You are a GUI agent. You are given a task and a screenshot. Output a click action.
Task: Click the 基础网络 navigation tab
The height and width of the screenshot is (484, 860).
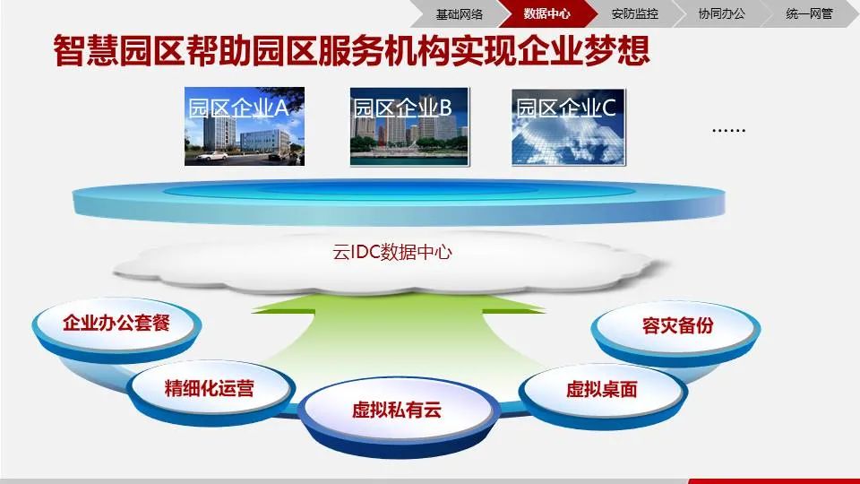pos(460,13)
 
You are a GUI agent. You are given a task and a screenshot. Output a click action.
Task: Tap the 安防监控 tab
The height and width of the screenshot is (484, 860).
pos(634,13)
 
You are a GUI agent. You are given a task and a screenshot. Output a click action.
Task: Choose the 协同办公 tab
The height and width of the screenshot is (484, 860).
pos(721,13)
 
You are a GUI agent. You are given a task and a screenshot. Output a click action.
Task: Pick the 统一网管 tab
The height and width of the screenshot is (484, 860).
pos(809,13)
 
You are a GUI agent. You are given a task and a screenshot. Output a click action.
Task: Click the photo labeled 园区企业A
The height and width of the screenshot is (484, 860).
pos(245,126)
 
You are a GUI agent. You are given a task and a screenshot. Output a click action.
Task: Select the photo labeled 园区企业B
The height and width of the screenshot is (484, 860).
pos(408,126)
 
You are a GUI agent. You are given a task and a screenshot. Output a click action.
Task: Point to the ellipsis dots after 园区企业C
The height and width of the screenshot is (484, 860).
pos(728,130)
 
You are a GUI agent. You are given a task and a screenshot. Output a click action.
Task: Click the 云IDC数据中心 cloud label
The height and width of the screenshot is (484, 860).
pos(392,252)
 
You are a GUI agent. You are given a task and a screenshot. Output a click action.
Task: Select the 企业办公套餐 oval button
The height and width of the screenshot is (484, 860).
pos(116,324)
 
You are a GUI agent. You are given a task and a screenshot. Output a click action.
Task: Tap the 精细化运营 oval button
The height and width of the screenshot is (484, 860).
pos(210,388)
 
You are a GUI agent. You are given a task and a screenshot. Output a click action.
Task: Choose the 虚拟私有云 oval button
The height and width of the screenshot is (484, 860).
pos(396,411)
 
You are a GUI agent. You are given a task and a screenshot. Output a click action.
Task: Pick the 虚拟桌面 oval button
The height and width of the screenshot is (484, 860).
pos(601,389)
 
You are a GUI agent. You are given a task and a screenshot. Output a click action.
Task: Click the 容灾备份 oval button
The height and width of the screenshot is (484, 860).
pos(677,325)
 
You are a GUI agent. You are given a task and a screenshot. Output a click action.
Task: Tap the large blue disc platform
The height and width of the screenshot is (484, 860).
pos(394,202)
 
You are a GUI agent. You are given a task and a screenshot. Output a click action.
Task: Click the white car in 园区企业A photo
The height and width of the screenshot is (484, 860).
pos(212,157)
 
